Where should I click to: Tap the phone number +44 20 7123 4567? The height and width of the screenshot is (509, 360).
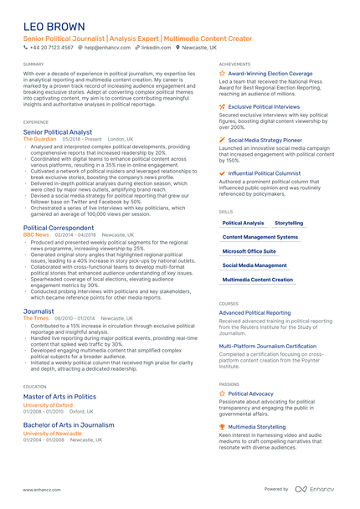coord(51,48)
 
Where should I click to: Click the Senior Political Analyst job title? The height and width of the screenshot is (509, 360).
coord(58,132)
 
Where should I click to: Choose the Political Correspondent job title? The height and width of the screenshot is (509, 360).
coord(59,228)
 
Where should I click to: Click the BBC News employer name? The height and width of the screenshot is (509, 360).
coord(37,235)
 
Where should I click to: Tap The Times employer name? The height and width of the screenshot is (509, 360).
coord(36,318)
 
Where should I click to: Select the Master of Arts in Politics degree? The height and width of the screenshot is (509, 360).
coord(59,396)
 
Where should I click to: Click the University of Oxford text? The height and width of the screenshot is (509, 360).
coord(48,405)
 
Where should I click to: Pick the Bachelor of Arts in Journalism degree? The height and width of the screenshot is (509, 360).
coord(69,425)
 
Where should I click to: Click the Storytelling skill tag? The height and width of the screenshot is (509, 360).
coord(289,224)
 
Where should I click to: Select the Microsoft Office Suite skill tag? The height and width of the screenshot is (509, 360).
coord(249,251)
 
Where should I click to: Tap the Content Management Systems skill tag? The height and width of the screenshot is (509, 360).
coord(260,238)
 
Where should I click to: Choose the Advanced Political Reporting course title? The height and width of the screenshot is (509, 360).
coord(255,313)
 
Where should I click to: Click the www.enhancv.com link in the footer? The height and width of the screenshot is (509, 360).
coord(41,489)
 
